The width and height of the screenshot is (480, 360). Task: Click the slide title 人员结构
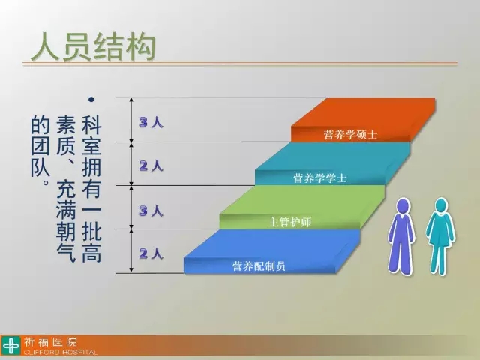point(93,46)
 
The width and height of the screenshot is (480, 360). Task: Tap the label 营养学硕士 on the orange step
point(350,134)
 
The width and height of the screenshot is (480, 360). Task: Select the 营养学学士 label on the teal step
point(320,178)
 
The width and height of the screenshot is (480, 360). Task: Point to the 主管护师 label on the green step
point(289,222)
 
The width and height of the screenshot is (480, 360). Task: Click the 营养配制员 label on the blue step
point(259,265)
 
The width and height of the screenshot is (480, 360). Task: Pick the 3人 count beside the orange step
point(151,122)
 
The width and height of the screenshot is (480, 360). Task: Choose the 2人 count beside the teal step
point(151,166)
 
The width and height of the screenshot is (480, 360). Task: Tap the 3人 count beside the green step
point(151,211)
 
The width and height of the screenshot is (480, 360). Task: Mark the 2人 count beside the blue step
point(151,253)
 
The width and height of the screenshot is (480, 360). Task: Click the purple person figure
point(401,235)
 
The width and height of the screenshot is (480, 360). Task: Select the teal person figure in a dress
point(441,236)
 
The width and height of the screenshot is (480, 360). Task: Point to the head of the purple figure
point(402,206)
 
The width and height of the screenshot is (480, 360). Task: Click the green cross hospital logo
point(11,346)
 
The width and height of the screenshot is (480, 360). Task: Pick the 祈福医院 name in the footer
point(51,342)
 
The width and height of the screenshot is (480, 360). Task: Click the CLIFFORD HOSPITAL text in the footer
point(60,352)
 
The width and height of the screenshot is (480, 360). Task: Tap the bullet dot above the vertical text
point(91,99)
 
